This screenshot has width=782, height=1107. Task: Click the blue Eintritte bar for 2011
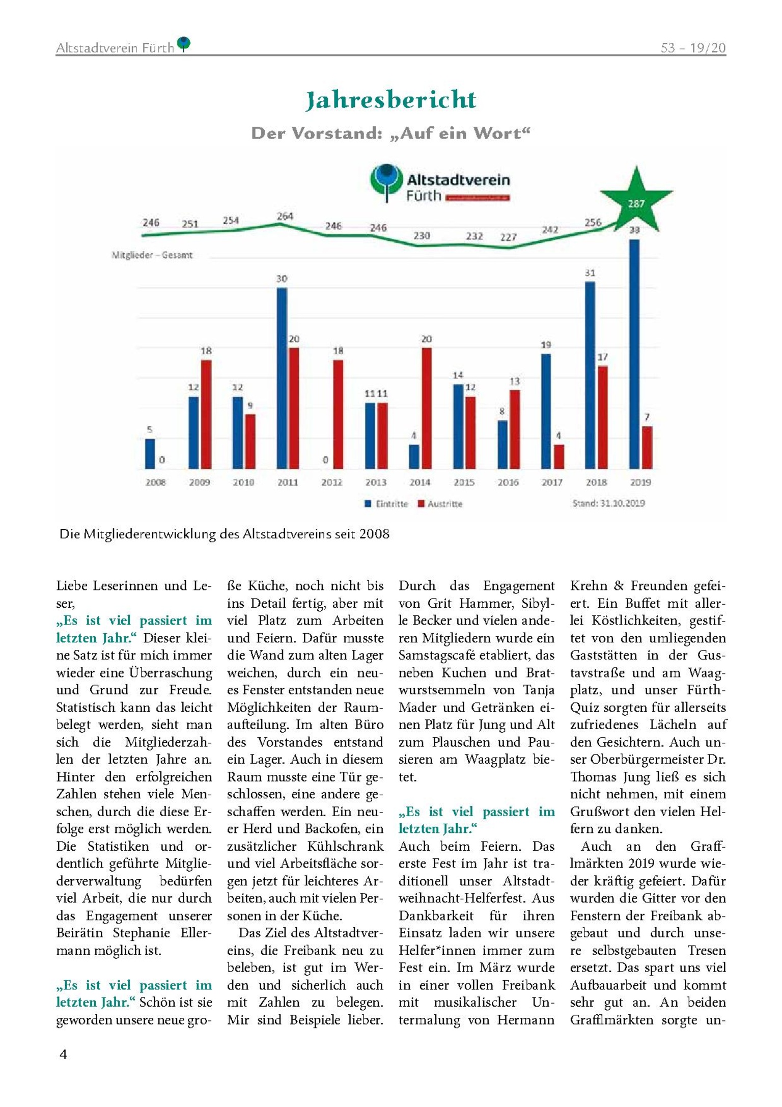click(282, 378)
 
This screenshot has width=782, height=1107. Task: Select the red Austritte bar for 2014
click(427, 408)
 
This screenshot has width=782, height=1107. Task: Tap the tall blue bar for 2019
click(634, 354)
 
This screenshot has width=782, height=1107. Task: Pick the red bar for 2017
click(558, 456)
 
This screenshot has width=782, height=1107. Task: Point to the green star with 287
click(636, 200)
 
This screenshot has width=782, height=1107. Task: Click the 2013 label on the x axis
click(376, 482)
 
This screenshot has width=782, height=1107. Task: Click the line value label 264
click(285, 216)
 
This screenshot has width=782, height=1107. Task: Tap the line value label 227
click(508, 237)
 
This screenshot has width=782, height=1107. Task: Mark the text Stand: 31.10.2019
click(608, 503)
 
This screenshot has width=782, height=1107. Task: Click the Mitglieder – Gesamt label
click(152, 255)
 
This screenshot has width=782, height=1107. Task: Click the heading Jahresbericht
click(390, 100)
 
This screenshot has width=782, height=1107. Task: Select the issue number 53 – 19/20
click(693, 48)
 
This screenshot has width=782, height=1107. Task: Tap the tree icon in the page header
click(183, 44)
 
